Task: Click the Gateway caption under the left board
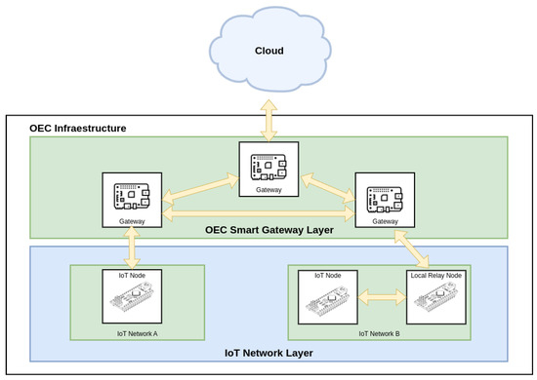point(132,222)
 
